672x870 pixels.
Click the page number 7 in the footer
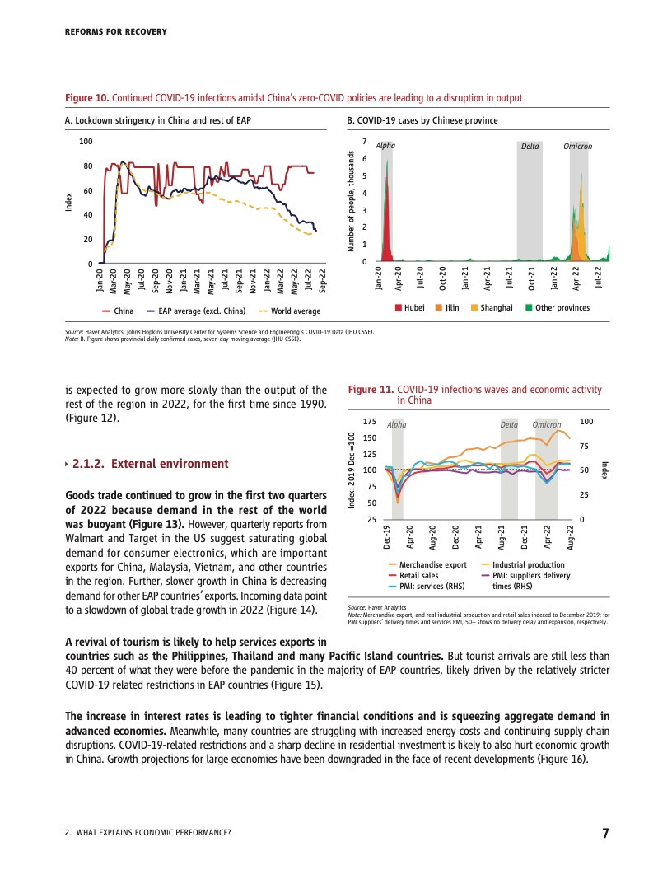tap(605, 833)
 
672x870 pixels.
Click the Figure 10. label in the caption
tap(86, 98)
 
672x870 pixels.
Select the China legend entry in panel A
tap(119, 311)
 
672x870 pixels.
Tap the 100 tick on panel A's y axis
tap(86, 143)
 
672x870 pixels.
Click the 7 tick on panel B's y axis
tap(365, 143)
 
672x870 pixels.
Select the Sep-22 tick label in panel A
tap(323, 281)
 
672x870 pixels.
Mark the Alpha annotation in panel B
tap(385, 146)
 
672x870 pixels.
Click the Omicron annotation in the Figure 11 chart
tap(546, 425)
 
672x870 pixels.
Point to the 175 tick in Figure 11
tap(371, 421)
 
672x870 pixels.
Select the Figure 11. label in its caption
tap(371, 389)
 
